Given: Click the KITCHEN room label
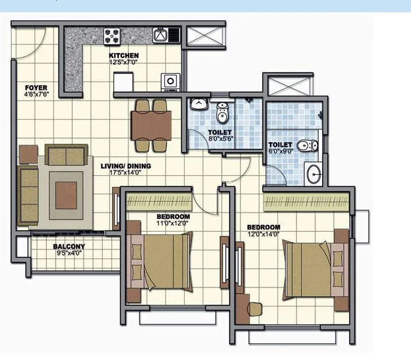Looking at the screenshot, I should [124, 56].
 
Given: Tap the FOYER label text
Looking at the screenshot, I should [37, 88].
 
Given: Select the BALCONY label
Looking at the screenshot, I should [69, 247].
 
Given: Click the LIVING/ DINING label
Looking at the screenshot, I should [126, 166].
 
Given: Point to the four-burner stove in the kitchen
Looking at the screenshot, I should [112, 35].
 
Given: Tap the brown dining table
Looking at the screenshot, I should [151, 125].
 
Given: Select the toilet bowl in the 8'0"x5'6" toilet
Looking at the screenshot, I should [222, 113].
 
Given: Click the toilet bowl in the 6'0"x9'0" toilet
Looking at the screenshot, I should [308, 145].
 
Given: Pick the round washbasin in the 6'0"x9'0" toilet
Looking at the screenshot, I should [313, 174].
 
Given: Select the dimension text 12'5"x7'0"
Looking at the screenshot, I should [124, 62].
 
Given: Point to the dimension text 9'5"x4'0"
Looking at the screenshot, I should [69, 253].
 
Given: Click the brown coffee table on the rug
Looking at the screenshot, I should [66, 195].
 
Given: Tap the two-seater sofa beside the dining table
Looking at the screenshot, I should [66, 154].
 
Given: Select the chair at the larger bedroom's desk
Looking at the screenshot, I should [254, 308].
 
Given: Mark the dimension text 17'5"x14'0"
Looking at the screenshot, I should [126, 173].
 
